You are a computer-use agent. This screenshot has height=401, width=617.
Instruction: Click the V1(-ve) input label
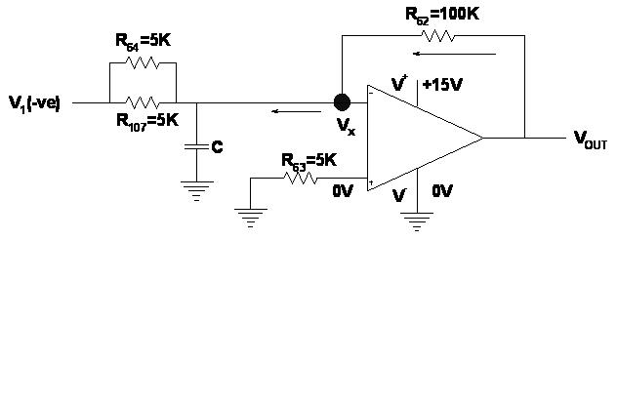34,102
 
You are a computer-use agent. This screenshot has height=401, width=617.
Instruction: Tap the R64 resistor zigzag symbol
143,62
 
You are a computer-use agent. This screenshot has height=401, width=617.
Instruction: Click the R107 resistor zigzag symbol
143,101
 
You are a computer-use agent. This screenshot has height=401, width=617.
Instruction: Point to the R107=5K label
147,121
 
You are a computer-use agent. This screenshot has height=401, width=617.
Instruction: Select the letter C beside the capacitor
217,146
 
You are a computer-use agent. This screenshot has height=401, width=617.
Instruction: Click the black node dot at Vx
342,102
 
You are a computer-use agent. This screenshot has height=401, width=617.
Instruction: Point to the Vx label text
346,127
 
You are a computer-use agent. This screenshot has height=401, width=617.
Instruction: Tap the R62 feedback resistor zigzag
437,36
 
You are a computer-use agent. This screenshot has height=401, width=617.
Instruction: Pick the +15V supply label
440,85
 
